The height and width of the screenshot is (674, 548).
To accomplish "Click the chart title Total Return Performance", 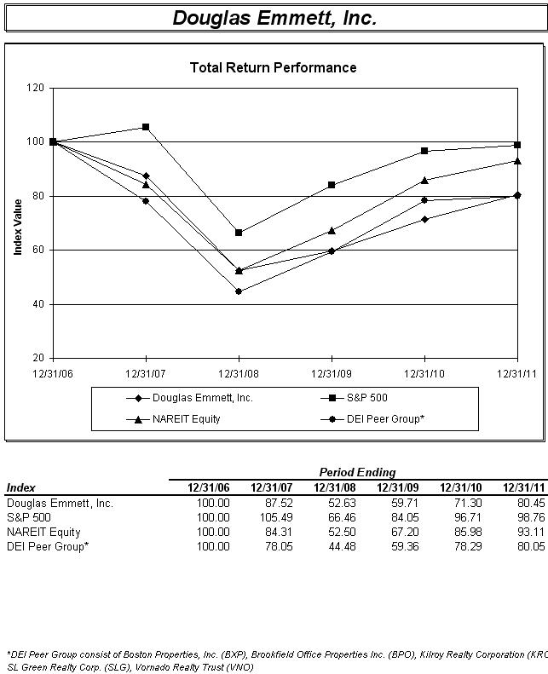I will click(273, 67).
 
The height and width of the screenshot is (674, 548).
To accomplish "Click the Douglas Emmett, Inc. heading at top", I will click(274, 18).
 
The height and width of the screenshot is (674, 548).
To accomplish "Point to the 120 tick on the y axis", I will click(35, 88).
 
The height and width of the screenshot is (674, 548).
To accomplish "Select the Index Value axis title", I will click(18, 227).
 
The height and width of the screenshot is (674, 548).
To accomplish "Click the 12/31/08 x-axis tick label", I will click(239, 372).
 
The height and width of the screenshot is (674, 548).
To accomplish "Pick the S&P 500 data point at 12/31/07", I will click(146, 127).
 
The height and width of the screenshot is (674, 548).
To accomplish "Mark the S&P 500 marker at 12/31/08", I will click(239, 232).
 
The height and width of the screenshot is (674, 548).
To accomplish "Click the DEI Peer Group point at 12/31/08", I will click(239, 291).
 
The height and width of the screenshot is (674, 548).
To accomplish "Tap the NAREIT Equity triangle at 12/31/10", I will click(424, 180).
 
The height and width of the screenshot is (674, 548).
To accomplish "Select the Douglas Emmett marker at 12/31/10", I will click(424, 219).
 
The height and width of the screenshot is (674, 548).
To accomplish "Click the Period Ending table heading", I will click(357, 472).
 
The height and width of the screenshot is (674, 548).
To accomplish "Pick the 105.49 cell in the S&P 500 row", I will click(275, 517).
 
